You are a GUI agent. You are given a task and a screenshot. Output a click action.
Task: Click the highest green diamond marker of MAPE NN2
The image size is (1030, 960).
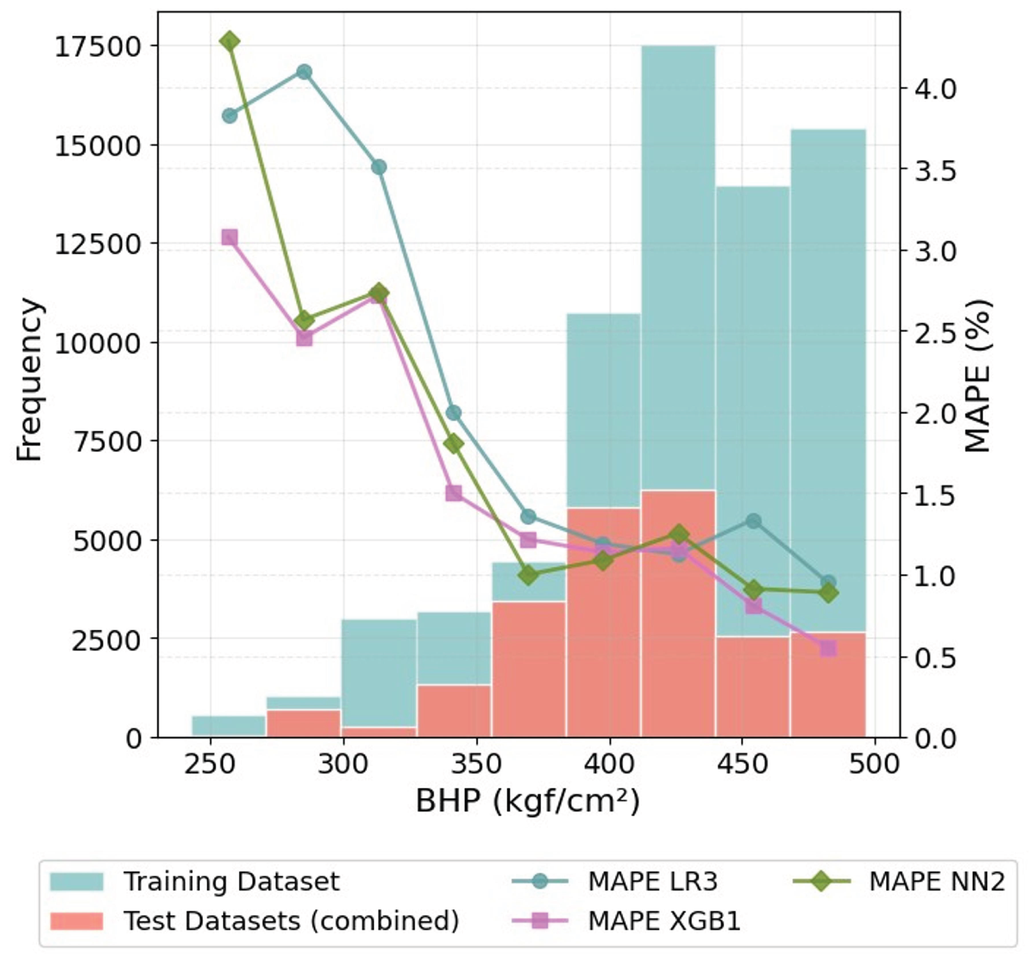[x=230, y=42]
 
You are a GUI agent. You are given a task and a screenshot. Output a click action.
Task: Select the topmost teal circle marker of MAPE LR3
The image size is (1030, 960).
[x=304, y=72]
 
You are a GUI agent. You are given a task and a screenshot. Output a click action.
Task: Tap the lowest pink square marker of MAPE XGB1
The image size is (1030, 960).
[x=828, y=648]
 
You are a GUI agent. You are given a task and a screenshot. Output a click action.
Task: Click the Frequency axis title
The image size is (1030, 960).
[x=28, y=379]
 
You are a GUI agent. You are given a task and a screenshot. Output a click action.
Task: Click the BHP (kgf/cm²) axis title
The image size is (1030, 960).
[x=528, y=801]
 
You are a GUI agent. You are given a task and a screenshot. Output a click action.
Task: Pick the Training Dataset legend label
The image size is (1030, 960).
[x=231, y=881]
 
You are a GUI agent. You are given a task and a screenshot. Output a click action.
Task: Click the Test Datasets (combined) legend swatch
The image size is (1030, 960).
[x=77, y=921]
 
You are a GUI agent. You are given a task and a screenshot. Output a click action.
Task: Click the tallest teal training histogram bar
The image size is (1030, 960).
[x=678, y=259]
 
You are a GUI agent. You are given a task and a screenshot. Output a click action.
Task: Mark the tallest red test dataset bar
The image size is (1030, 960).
[x=678, y=611]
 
